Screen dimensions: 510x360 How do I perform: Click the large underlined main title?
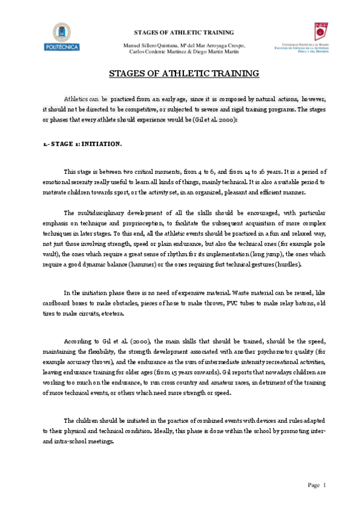coord(183,74)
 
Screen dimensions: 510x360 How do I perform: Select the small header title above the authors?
coord(183,32)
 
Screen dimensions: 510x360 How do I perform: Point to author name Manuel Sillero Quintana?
coord(149,45)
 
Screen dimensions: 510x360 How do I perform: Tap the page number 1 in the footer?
coord(324,485)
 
